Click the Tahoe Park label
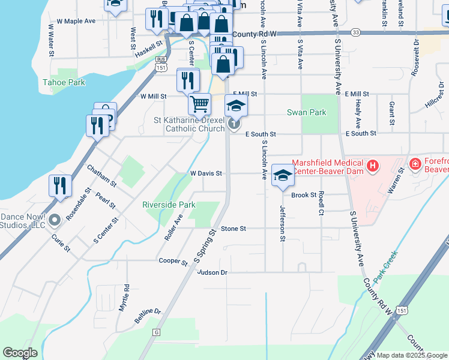(x=64, y=83)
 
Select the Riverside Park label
(x=169, y=205)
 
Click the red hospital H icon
(x=373, y=165)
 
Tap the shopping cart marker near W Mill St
(x=200, y=103)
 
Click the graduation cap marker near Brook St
(x=283, y=176)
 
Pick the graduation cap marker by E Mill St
(x=236, y=107)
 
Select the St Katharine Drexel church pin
(x=234, y=125)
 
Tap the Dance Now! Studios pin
(x=55, y=220)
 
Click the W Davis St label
(x=206, y=173)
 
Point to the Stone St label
(x=234, y=229)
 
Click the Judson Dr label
(x=212, y=272)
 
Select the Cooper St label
(x=173, y=260)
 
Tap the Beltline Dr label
(x=148, y=313)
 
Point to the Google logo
(x=20, y=353)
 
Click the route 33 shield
(x=356, y=32)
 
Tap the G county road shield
(x=156, y=332)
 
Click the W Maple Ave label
(x=76, y=21)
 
